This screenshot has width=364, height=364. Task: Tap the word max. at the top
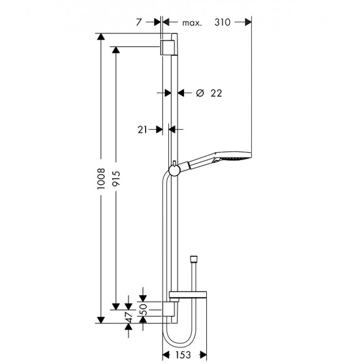[x=192, y=22]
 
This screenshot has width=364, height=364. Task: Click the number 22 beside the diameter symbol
[x=216, y=93]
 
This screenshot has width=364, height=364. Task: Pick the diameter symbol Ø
[x=199, y=93]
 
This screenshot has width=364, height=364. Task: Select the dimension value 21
[x=143, y=129]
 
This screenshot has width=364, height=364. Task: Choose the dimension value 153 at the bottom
[x=184, y=354]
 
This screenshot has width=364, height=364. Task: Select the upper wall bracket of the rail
[x=168, y=47]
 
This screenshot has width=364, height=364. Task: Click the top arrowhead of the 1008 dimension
[x=100, y=37]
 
